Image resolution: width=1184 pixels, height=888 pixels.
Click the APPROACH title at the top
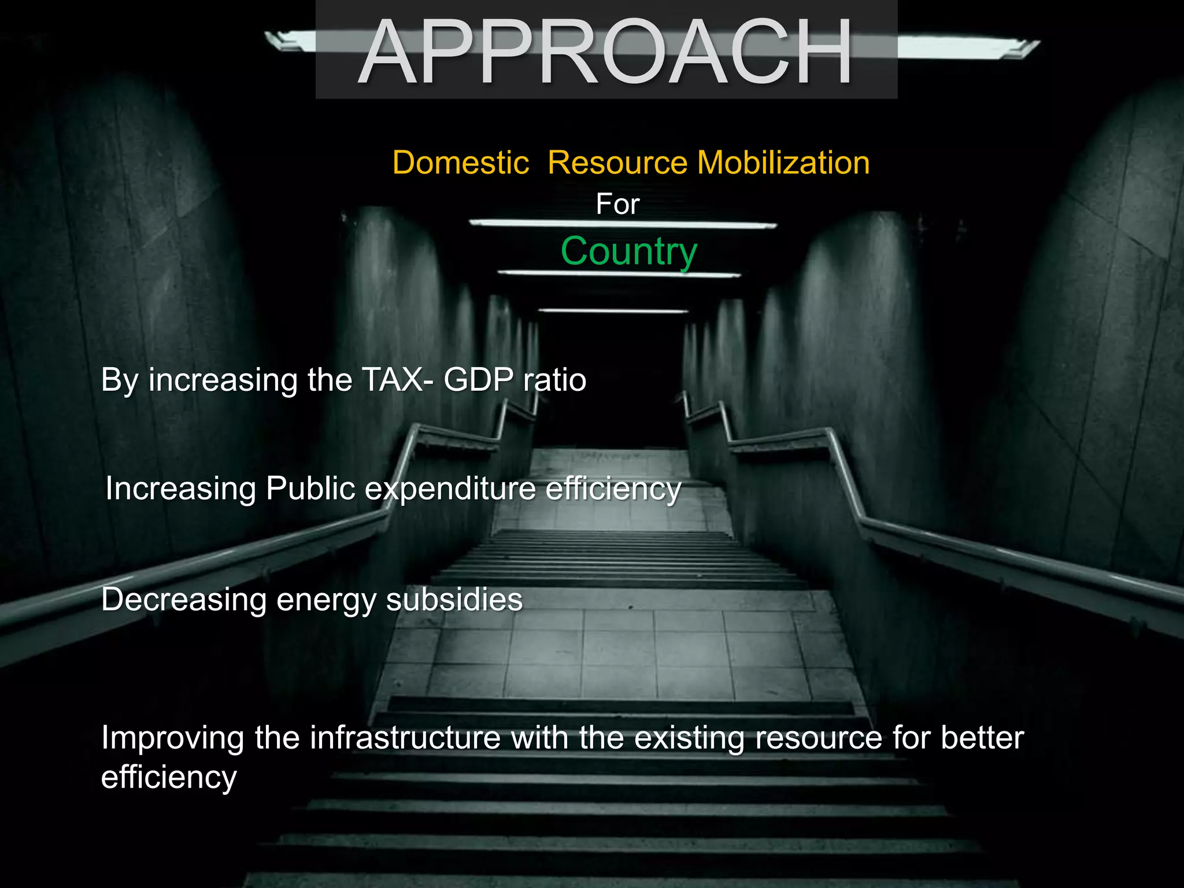pyautogui.click(x=605, y=52)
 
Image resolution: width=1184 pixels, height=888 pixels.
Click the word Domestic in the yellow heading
pyautogui.click(x=460, y=162)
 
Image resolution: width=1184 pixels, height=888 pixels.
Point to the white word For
pyautogui.click(x=617, y=204)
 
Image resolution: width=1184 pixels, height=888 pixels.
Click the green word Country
pyautogui.click(x=629, y=251)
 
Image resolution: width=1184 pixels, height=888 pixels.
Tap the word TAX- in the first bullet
pyautogui.click(x=398, y=380)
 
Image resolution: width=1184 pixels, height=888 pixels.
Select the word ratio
pyautogui.click(x=554, y=380)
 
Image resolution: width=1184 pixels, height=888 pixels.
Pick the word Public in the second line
pyautogui.click(x=310, y=489)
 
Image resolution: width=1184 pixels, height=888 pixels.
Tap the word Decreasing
pyautogui.click(x=184, y=600)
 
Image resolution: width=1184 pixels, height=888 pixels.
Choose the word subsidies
pyautogui.click(x=454, y=600)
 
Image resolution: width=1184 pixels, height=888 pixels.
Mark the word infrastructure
pyautogui.click(x=405, y=738)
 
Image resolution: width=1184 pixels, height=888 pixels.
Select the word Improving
pyautogui.click(x=172, y=739)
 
